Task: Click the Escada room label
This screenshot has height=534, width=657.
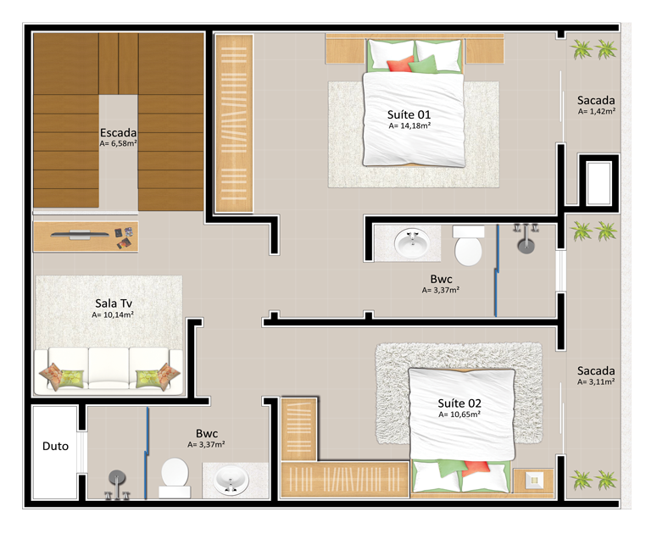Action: (x=118, y=133)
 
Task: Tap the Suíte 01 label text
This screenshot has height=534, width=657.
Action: (x=409, y=114)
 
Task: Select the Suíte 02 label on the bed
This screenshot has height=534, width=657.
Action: (x=459, y=403)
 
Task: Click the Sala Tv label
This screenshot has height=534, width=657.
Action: (x=114, y=303)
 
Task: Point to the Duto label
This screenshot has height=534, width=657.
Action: (x=55, y=446)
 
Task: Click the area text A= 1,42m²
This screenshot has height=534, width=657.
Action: (x=596, y=111)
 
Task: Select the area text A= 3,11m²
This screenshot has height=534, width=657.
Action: (x=596, y=382)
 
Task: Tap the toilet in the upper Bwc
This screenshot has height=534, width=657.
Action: (x=469, y=246)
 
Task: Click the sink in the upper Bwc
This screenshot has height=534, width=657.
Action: (x=412, y=242)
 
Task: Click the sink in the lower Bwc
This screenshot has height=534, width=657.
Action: (x=231, y=480)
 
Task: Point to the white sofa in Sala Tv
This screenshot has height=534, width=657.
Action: (x=109, y=371)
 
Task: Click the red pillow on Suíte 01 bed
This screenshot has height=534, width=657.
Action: (x=400, y=65)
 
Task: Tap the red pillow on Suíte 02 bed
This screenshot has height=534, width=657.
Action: (x=476, y=468)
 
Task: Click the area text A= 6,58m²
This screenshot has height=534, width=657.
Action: (x=119, y=143)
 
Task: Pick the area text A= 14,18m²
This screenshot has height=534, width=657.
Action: (x=409, y=125)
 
